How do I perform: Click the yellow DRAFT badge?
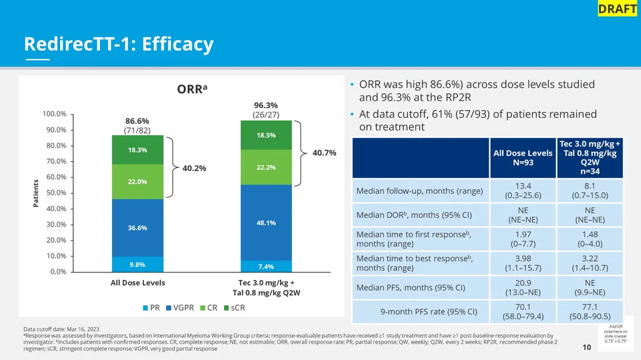[x=617, y=9]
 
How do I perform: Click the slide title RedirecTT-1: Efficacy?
[x=118, y=44]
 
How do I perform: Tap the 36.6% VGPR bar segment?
[x=138, y=228]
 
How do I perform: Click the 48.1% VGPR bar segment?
[x=266, y=222]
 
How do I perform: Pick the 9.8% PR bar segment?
[x=138, y=264]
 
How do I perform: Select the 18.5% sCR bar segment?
[x=266, y=135]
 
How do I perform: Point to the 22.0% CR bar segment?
[x=138, y=182]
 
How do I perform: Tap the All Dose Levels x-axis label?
[x=138, y=283]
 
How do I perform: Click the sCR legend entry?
[x=238, y=308]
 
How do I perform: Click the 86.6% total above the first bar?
[x=137, y=121]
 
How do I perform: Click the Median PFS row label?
[x=411, y=288]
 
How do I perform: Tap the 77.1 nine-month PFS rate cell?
[x=590, y=311]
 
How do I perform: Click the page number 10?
[x=587, y=347]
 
